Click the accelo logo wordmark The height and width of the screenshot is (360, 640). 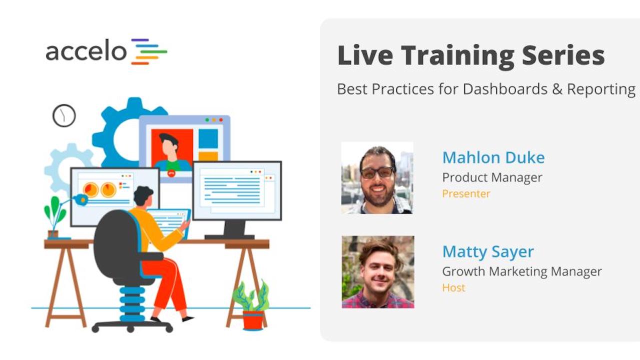coord(86,50)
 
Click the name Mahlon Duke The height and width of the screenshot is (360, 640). coord(493,157)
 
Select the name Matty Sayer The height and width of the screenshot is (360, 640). coord(488,252)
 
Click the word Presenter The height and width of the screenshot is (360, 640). coord(466,193)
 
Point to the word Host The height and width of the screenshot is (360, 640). coord(453,287)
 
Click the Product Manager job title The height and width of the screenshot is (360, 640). coord(492,177)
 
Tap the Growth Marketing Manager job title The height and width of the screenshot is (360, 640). coord(522,271)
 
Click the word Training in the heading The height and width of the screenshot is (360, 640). coord(457,56)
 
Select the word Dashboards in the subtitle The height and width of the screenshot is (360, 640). coord(505,89)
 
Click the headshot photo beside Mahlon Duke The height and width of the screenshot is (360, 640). coord(377,178)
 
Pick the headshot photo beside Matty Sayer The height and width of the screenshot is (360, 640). coord(378,272)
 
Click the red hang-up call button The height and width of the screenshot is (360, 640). coord(171,173)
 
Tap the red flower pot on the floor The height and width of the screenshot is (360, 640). coord(253,320)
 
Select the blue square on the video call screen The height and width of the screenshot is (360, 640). coord(208,139)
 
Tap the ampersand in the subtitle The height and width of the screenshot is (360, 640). coord(557,89)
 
